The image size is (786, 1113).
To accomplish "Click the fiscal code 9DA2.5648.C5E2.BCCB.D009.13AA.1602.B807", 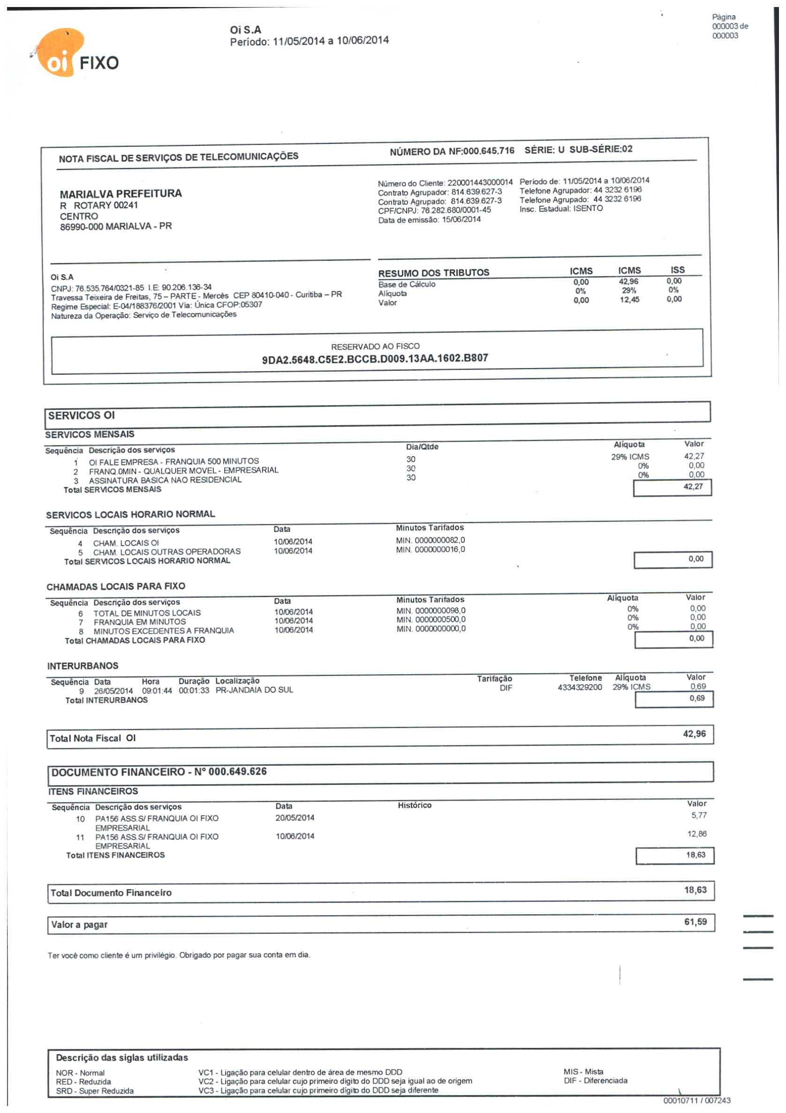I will tap(375, 359).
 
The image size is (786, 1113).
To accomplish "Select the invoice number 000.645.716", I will tap(488, 151).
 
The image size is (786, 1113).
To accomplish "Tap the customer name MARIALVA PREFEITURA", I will tap(121, 194).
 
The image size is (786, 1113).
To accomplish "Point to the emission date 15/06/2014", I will tap(461, 219).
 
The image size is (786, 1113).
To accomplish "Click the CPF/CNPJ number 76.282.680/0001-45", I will tap(455, 210).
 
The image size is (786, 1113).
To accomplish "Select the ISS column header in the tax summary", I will tap(677, 270).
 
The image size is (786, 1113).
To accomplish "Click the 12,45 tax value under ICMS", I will tap(629, 300).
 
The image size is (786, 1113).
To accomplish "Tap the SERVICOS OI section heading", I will tap(82, 415).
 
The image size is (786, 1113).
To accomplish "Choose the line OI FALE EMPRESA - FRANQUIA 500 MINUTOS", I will tap(174, 461).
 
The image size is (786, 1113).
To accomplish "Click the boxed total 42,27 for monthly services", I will tap(693, 486).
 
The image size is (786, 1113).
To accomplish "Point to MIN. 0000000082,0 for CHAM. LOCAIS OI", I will tap(430, 540).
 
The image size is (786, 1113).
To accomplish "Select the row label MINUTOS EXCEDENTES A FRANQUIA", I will tap(163, 631).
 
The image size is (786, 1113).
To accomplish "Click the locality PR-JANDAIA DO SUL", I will tap(254, 690).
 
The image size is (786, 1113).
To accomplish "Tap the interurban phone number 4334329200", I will tap(580, 687).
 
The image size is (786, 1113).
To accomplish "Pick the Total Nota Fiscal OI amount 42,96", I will tap(695, 734).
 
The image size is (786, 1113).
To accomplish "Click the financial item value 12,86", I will tap(697, 834).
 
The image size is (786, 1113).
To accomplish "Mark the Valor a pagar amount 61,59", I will tap(695, 922).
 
